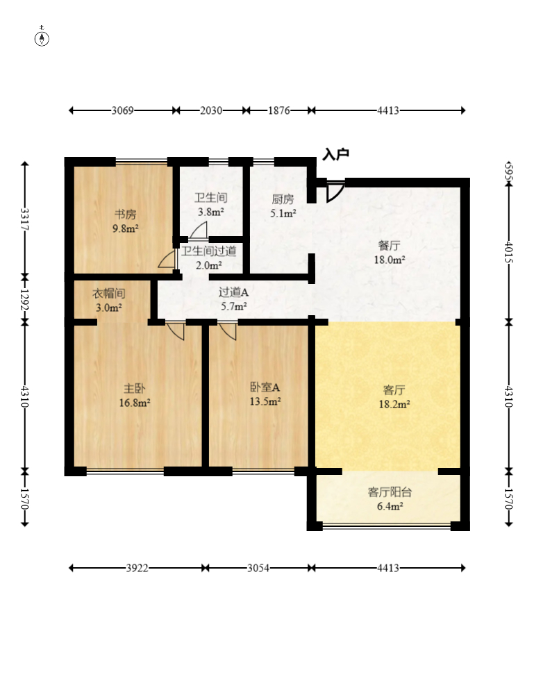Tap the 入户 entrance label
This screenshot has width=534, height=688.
335,154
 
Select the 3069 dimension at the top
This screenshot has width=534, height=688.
122,110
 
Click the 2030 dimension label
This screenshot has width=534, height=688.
211,110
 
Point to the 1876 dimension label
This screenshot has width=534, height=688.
279,110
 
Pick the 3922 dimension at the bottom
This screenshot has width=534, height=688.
137,568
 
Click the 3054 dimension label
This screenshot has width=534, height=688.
258,568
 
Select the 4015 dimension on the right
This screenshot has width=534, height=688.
509,251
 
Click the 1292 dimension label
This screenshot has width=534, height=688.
25,300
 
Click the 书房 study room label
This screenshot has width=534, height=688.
126,215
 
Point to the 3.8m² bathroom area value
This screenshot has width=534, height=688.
211,212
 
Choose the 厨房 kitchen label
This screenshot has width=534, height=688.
283,199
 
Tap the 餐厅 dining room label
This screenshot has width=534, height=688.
389,245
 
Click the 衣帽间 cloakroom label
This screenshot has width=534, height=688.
109,294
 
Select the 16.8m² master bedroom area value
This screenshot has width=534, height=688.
135,403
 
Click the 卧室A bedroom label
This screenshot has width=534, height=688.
265,387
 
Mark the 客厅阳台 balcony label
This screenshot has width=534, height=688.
390,492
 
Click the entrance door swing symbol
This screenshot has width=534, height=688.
335,192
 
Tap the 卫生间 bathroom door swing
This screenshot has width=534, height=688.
199,230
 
